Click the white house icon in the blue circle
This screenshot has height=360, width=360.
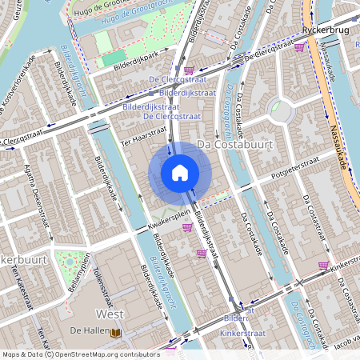coord(180,172)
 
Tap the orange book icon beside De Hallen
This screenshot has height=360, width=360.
coord(116,331)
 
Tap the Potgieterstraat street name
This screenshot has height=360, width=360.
coord(296,171)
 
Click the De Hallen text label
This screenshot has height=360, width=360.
coord(84,330)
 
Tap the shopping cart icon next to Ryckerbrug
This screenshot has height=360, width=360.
coord(299,47)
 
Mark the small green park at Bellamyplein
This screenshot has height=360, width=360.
coord(70,261)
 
